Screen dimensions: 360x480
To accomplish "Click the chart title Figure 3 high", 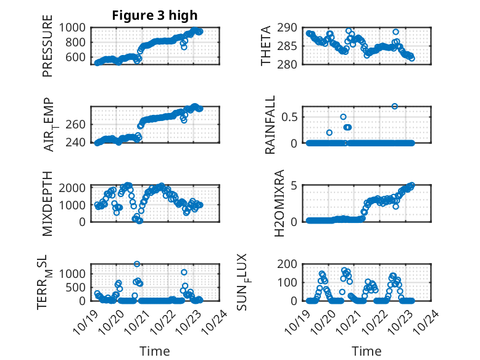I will [x=154, y=15].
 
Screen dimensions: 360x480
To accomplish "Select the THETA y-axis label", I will [x=266, y=46].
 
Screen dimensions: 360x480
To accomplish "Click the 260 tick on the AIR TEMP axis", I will [x=80, y=124].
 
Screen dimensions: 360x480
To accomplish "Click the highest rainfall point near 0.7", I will [x=395, y=106].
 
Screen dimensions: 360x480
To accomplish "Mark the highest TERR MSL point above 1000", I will [x=137, y=264].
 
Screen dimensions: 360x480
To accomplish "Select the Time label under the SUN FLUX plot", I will [x=366, y=351].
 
